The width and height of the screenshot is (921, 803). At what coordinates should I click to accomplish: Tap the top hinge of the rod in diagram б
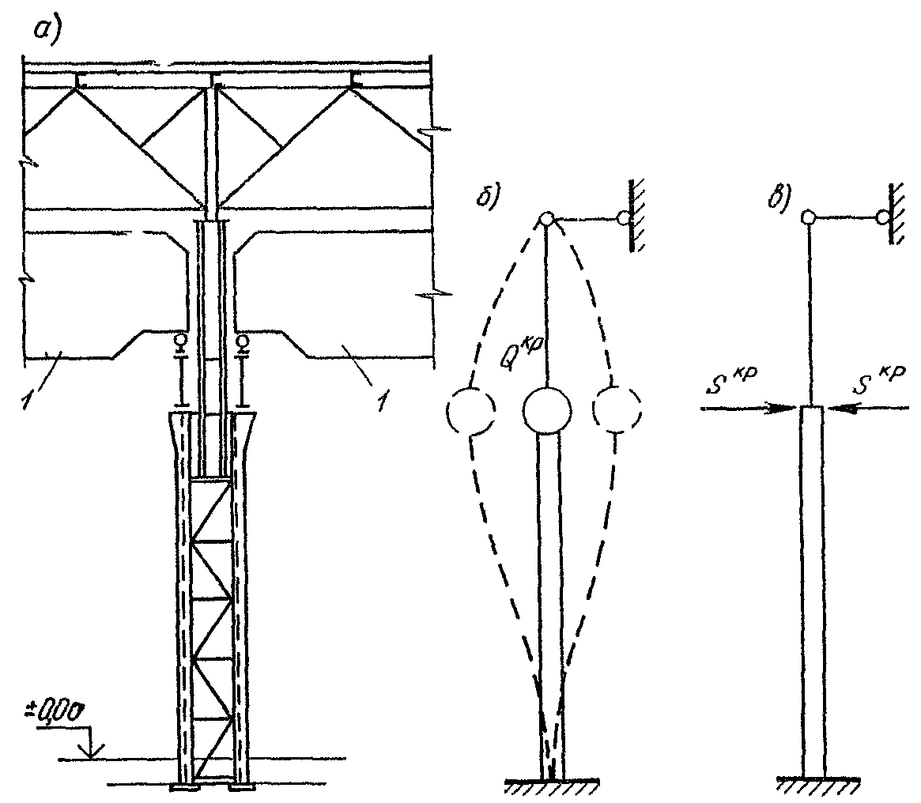(545, 219)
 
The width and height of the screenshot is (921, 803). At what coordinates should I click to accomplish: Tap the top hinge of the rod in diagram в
(808, 217)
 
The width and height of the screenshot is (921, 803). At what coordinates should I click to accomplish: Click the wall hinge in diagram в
(882, 217)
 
